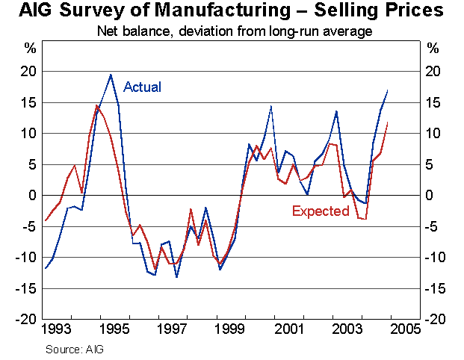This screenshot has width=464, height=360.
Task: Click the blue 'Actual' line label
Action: pyautogui.click(x=142, y=87)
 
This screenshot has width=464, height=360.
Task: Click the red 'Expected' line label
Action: pyautogui.click(x=321, y=211)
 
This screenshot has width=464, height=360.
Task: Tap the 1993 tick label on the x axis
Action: pyautogui.click(x=58, y=329)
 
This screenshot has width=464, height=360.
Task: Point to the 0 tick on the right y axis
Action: pyautogui.click(x=431, y=196)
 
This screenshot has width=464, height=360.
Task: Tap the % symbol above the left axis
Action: pyautogui.click(x=30, y=49)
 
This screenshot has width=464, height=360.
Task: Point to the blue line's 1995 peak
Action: pyautogui.click(x=111, y=75)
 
